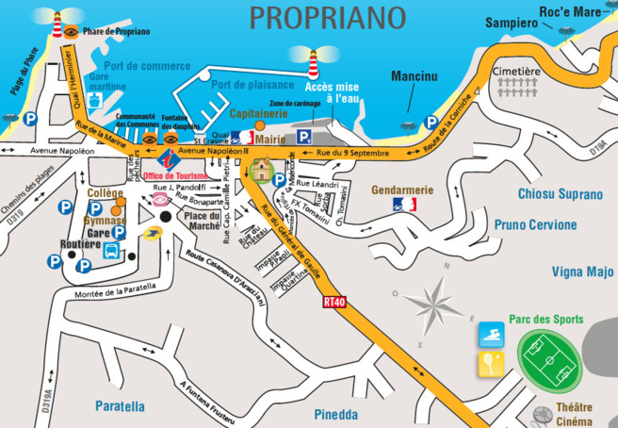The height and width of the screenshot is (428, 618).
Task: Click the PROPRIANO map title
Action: click(327, 18)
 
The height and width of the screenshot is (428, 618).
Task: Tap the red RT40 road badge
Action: click(334, 302)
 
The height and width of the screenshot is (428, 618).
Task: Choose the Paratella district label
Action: click(120, 406)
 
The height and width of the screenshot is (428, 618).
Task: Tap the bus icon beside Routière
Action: click(110, 252)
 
